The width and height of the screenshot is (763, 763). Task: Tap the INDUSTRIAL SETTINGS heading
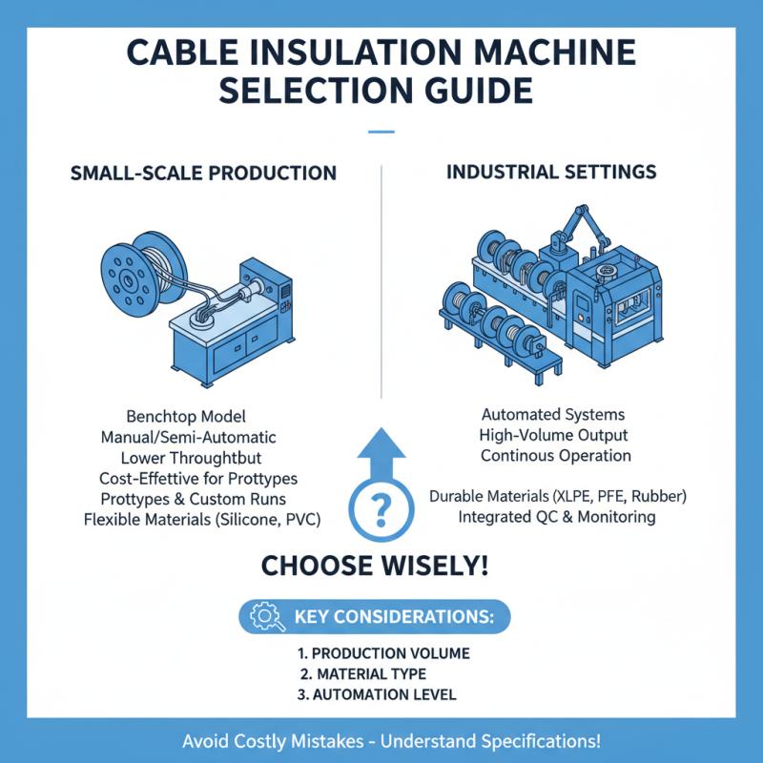(551, 172)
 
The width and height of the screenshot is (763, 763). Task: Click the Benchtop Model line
(186, 417)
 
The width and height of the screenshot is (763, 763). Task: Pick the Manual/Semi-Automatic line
(188, 438)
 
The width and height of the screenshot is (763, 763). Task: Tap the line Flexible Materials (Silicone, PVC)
(201, 519)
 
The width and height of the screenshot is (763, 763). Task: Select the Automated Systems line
(553, 415)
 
